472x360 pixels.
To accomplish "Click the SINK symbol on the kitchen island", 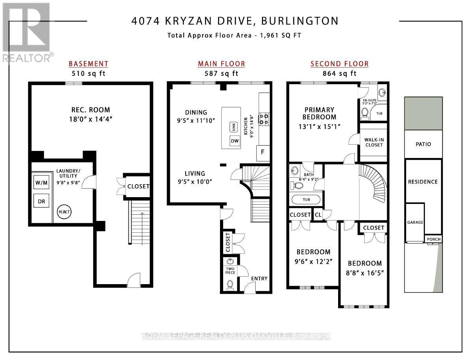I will click(233, 127).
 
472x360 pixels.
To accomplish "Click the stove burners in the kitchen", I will click(263, 119).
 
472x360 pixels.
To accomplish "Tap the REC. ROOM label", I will click(91, 110).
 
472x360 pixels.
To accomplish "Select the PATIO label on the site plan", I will click(423, 144).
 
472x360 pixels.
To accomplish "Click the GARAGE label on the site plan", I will click(415, 222).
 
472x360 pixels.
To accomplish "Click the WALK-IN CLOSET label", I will click(374, 141).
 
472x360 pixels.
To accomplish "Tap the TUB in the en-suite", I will click(379, 113).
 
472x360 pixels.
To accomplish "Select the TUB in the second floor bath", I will click(306, 200).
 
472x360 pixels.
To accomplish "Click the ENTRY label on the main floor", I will click(259, 279).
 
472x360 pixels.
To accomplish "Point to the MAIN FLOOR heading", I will click(221, 64).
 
